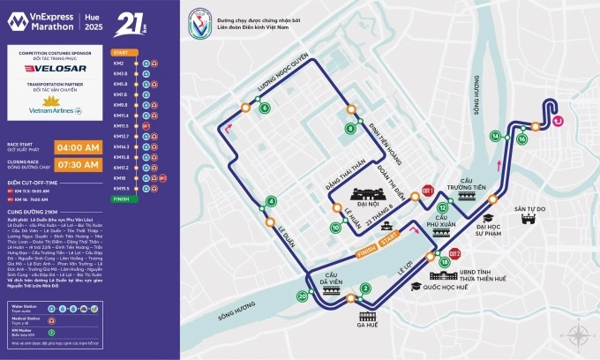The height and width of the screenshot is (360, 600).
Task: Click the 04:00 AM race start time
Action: coord(79,146)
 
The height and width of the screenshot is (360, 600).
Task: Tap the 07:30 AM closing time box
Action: coord(79,164)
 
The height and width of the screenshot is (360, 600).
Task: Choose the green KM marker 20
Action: coord(303,297)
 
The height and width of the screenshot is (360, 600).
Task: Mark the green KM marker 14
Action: coord(496,136)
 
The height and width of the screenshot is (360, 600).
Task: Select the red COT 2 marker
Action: coord(455,254)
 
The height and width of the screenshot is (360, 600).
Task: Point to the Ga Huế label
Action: coord(367,325)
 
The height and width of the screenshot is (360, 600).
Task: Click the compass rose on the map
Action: coord(579,334)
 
